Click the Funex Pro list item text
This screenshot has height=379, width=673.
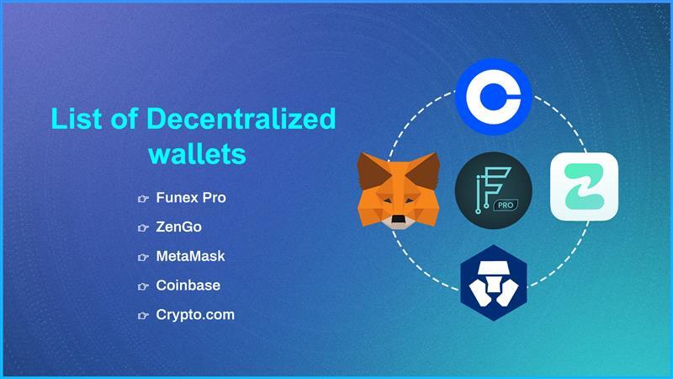(191, 198)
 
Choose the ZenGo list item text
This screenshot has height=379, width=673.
(178, 227)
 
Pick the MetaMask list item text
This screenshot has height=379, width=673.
(190, 255)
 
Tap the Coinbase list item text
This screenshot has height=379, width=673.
(188, 285)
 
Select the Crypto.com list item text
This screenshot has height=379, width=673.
(195, 314)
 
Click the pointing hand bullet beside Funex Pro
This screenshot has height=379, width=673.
(143, 199)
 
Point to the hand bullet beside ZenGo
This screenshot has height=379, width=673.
(143, 227)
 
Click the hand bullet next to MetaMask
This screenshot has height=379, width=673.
(143, 256)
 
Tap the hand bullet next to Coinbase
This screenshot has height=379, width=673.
(143, 286)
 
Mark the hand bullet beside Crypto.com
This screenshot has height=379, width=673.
(143, 315)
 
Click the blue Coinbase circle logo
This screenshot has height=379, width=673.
(493, 96)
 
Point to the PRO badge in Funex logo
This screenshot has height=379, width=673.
(507, 205)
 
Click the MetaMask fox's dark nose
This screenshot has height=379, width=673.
(398, 221)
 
